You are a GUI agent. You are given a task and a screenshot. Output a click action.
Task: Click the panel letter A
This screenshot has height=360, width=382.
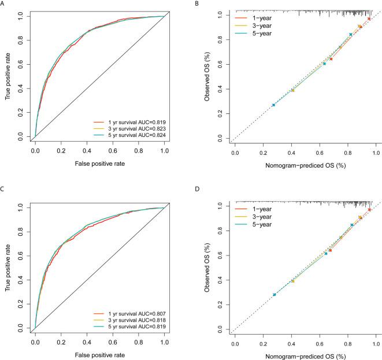tap(3, 3)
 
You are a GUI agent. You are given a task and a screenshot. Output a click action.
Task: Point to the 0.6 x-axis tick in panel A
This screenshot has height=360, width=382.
tap(113, 151)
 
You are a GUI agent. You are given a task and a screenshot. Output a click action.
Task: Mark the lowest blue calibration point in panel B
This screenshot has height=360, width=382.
tap(273, 105)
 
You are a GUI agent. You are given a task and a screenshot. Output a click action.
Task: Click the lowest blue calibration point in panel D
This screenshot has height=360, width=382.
tap(275, 294)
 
